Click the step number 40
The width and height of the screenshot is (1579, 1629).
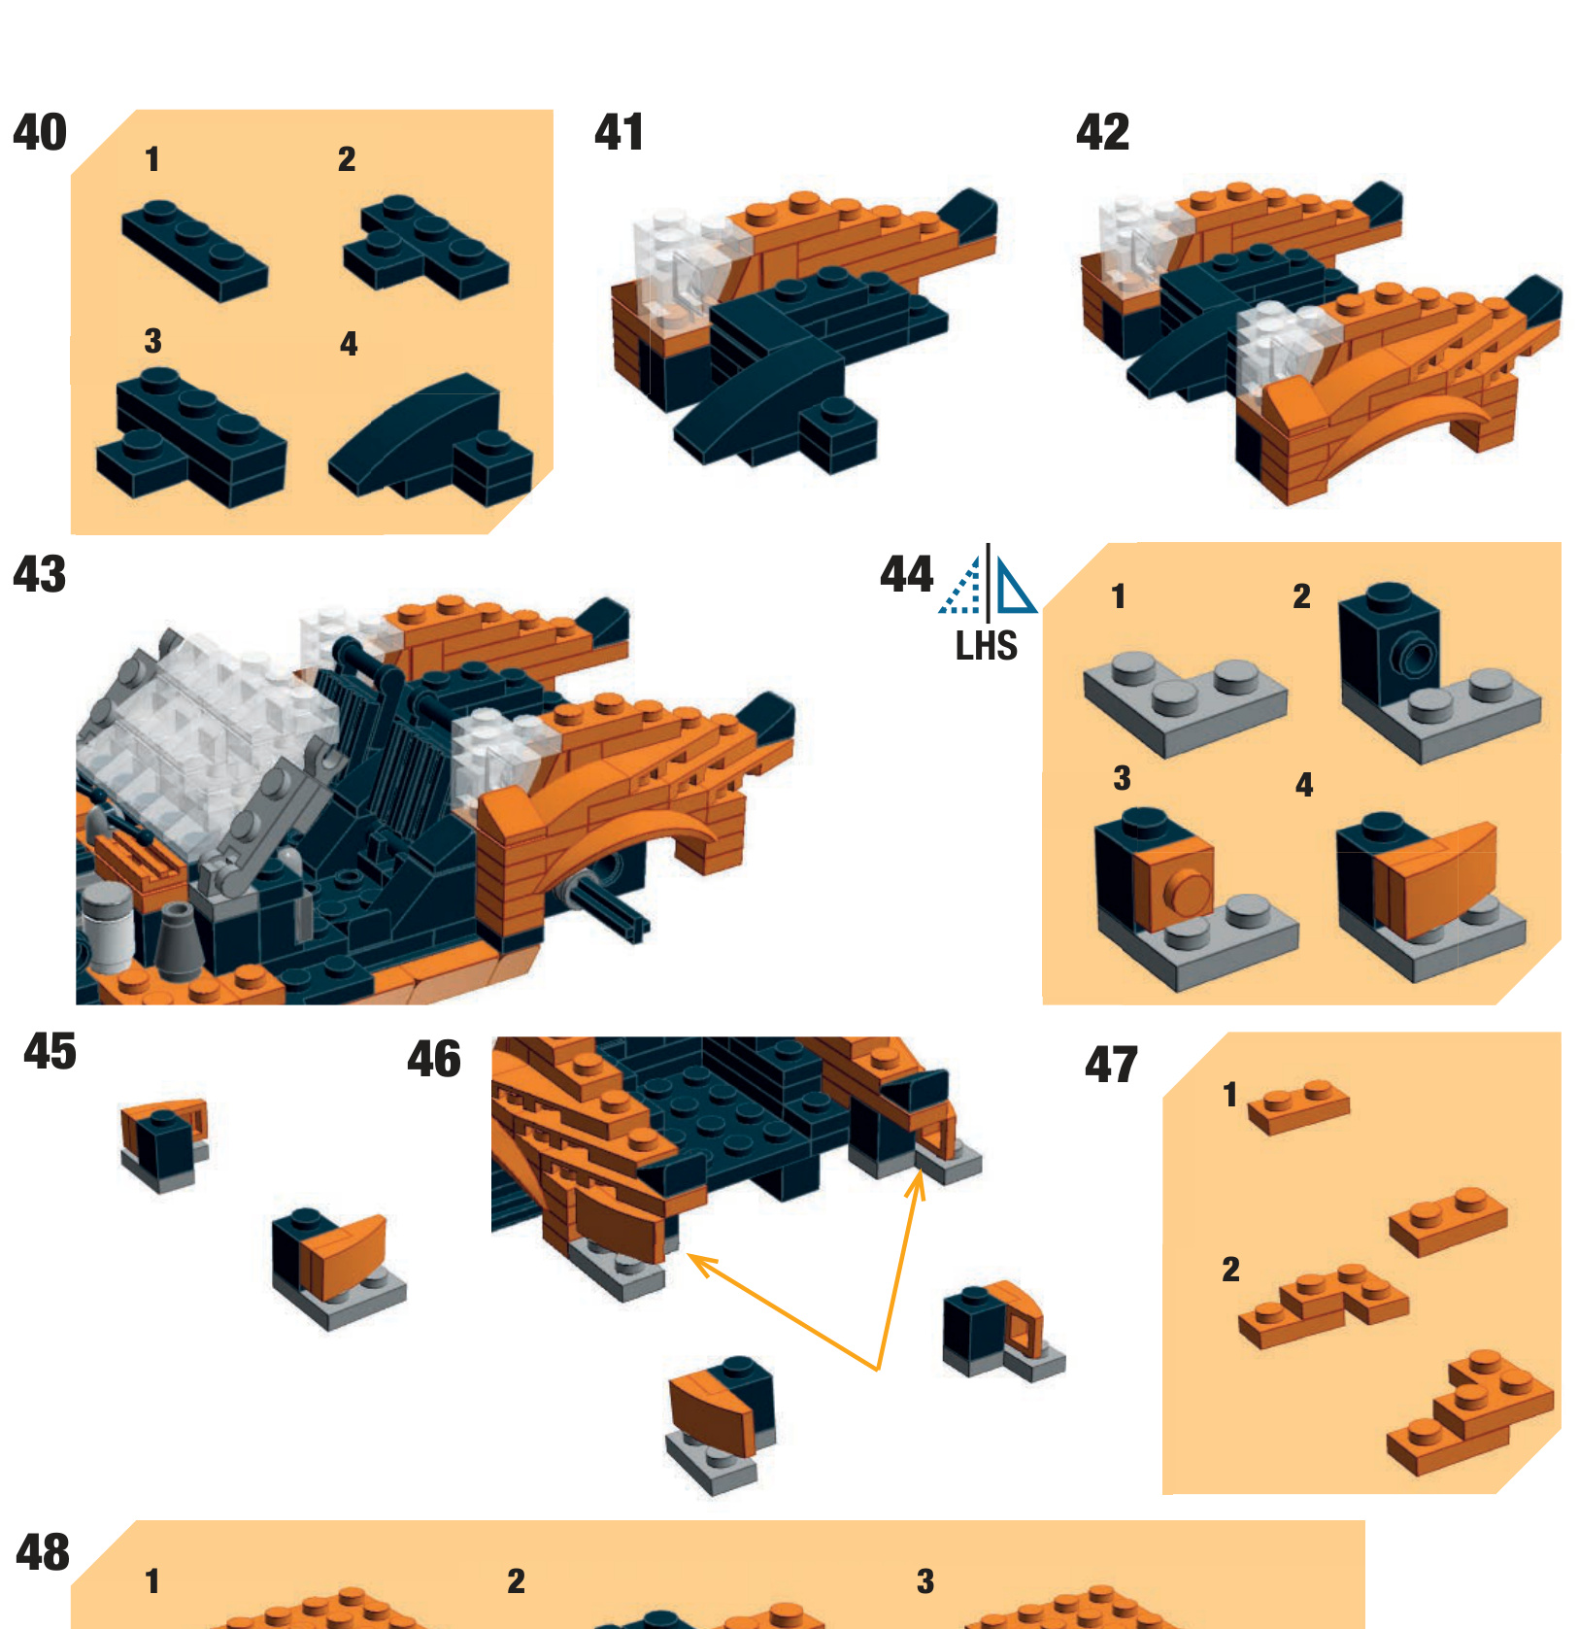pos(40,132)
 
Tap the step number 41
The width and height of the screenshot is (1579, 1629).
pos(619,132)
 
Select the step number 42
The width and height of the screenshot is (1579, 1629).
pos(1103,132)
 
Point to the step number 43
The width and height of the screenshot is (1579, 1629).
pos(40,574)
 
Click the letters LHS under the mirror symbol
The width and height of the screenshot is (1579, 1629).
pos(987,646)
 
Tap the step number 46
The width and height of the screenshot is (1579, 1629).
pos(434,1059)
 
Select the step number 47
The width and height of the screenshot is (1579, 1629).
pos(1111,1065)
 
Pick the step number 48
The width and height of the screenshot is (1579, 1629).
pos(43,1552)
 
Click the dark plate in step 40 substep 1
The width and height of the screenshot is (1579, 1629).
pos(193,250)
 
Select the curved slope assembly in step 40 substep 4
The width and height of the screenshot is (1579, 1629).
pos(430,439)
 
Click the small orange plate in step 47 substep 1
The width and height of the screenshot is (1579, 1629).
pos(1297,1106)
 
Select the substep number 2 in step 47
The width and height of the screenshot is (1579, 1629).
pos(1230,1269)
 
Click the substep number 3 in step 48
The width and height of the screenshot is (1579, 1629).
pos(925,1581)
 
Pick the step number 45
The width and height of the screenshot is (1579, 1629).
pos(50,1051)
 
